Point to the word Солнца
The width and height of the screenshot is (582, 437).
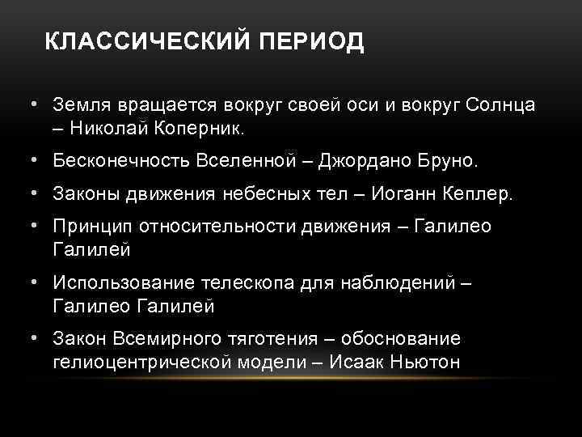[x=494, y=106]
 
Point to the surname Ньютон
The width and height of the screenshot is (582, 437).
[x=425, y=361]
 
